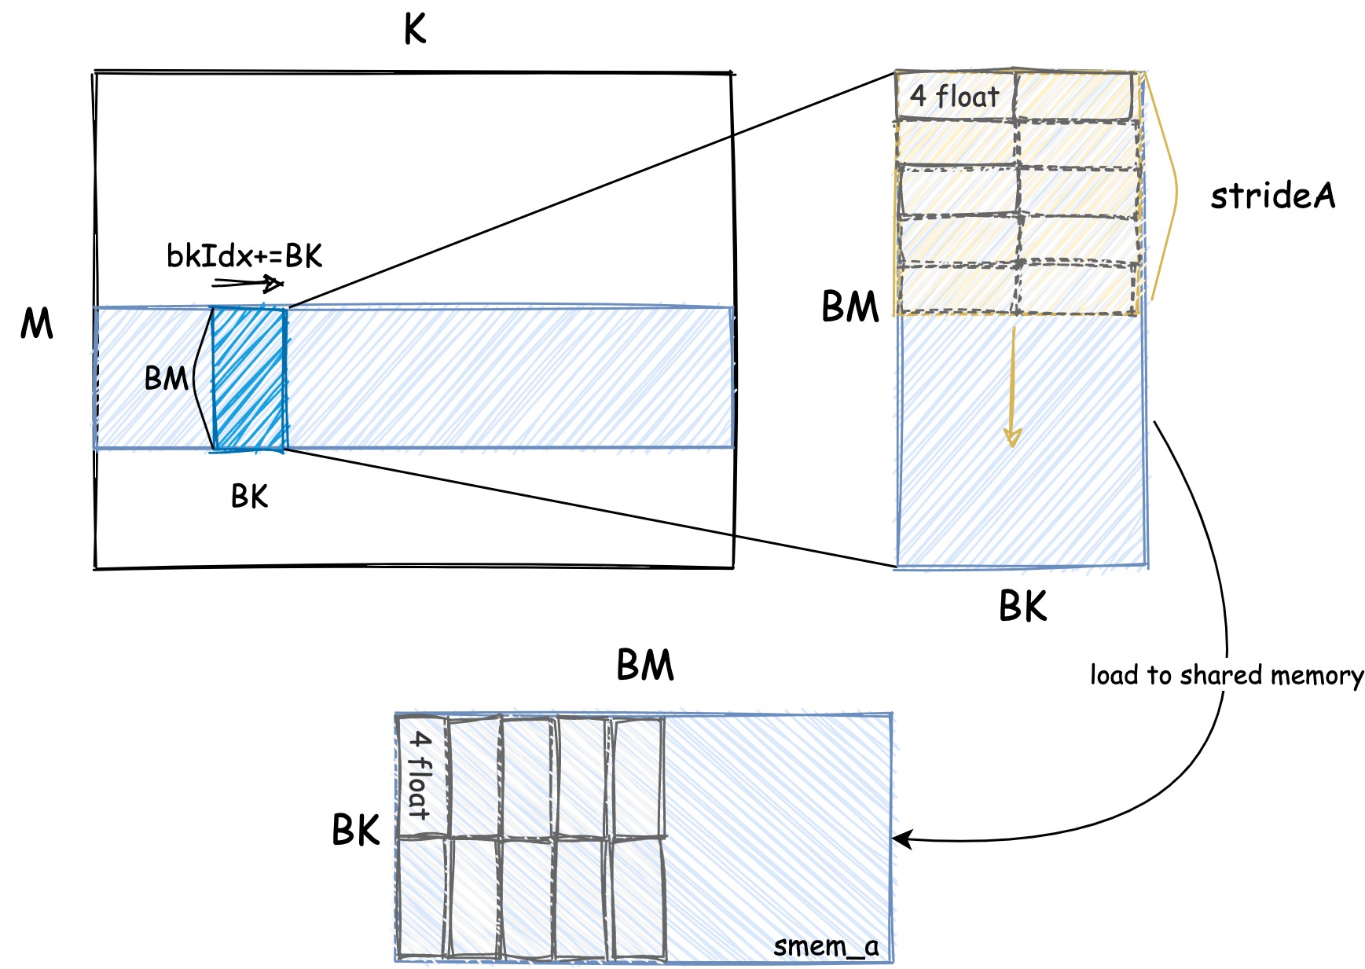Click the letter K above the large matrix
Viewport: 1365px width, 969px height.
414,30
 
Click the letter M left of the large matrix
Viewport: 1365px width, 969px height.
36,323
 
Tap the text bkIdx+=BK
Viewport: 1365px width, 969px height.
244,255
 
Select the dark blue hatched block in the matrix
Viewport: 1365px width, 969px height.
249,379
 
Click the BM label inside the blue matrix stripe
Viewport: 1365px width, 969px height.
166,379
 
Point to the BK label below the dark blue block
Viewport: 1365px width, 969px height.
249,496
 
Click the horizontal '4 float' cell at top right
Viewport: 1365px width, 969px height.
954,97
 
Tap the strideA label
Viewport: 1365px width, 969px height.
1272,196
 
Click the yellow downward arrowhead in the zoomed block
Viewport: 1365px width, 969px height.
1012,437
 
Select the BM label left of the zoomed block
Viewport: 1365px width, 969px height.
849,306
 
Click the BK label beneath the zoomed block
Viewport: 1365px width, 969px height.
1022,606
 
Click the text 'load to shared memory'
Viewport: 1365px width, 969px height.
1226,675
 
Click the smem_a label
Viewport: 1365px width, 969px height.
825,945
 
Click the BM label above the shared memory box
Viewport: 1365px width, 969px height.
644,665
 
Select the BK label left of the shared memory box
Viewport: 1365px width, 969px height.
355,830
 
